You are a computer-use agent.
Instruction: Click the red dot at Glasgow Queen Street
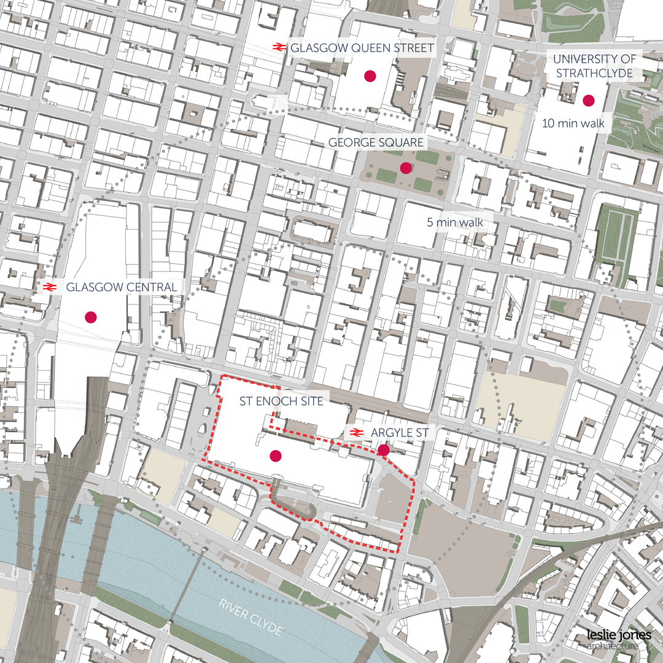pyautogui.click(x=370, y=76)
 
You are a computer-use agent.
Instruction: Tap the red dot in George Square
pyautogui.click(x=405, y=168)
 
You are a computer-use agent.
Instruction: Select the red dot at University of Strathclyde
pyautogui.click(x=589, y=101)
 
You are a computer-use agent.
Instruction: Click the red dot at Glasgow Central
pyautogui.click(x=91, y=317)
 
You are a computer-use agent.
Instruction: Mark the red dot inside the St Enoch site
pyautogui.click(x=276, y=456)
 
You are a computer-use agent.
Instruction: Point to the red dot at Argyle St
pyautogui.click(x=384, y=450)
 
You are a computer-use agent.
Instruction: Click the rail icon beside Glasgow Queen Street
pyautogui.click(x=279, y=47)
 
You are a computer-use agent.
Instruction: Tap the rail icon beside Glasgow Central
pyautogui.click(x=50, y=287)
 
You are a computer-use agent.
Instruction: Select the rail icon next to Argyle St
pyautogui.click(x=355, y=433)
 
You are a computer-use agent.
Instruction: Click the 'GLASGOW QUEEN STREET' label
pyautogui.click(x=362, y=47)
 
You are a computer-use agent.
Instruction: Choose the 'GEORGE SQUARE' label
pyautogui.click(x=376, y=142)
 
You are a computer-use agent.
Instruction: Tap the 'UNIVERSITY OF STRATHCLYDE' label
pyautogui.click(x=594, y=66)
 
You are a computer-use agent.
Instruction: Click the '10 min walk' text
pyautogui.click(x=573, y=123)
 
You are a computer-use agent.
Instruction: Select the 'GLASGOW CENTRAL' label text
pyautogui.click(x=121, y=287)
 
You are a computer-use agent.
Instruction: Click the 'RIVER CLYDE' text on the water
pyautogui.click(x=250, y=616)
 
